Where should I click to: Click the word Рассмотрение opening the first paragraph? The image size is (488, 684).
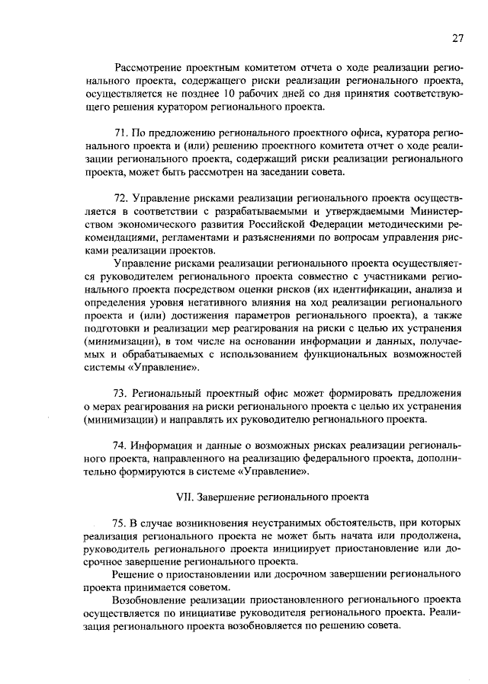click(149, 67)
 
